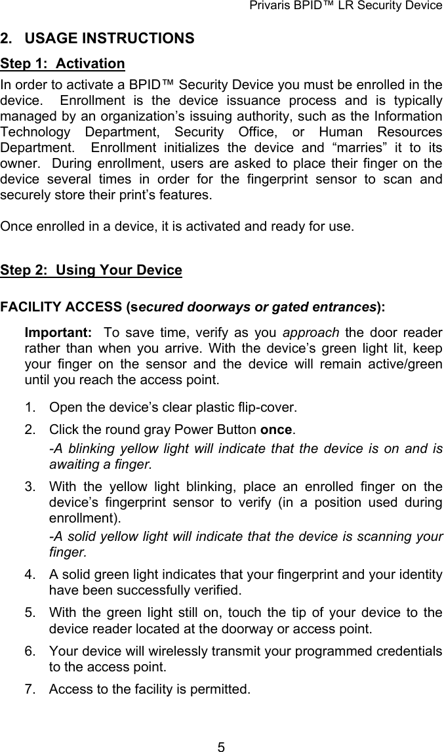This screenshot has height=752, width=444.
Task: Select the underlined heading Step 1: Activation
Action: pos(63,64)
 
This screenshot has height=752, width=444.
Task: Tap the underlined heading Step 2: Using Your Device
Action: pos(91,270)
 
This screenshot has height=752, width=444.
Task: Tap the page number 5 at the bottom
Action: pos(222,745)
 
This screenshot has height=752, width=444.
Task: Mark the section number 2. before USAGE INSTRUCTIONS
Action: pos(8,39)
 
